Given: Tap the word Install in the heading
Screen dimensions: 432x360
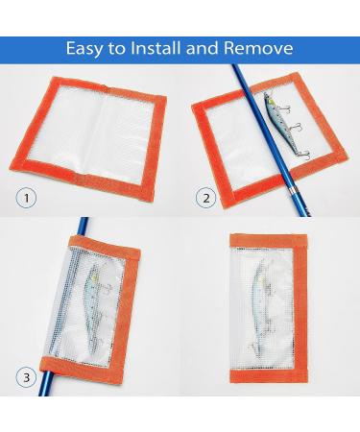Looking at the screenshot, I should click(166, 48).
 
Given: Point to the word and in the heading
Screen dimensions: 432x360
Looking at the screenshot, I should click(216, 48).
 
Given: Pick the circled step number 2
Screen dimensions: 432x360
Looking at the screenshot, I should click(204, 199).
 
